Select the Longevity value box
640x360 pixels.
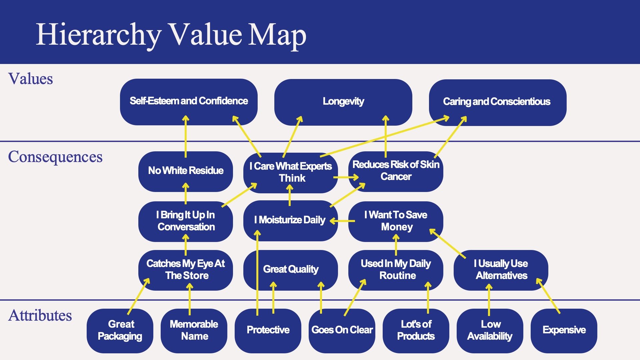pyautogui.click(x=343, y=101)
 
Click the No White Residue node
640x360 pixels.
pyautogui.click(x=186, y=171)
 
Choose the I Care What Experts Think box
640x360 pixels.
pyautogui.click(x=291, y=172)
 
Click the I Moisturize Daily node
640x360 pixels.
pyautogui.click(x=290, y=220)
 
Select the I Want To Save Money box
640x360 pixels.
pyautogui.click(x=396, y=221)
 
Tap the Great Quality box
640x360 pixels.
pyautogui.click(x=291, y=269)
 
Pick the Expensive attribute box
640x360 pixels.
pyautogui.click(x=564, y=330)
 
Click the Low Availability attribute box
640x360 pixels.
pyautogui.click(x=490, y=330)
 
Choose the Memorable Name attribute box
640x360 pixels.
pyautogui.click(x=194, y=330)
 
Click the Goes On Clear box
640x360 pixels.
pyautogui.click(x=342, y=330)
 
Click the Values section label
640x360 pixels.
pyautogui.click(x=31, y=79)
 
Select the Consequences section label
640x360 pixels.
pyautogui.click(x=55, y=157)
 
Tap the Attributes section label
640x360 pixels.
pyautogui.click(x=40, y=315)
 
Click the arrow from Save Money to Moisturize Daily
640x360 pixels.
pyautogui.click(x=343, y=221)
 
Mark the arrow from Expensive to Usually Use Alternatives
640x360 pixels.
pyautogui.click(x=548, y=296)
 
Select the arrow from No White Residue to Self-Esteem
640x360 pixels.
pyautogui.click(x=186, y=137)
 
